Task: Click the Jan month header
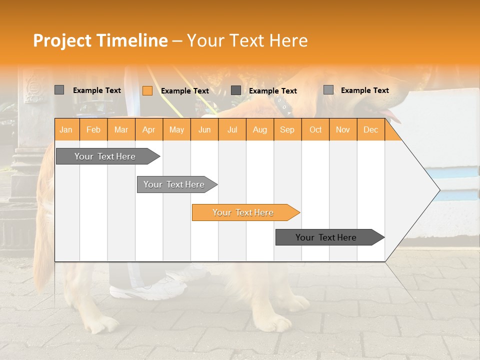(66, 129)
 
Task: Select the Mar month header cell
(121, 129)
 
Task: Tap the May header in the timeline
(176, 129)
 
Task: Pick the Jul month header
(232, 129)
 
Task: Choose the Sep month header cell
(287, 129)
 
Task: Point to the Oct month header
(315, 129)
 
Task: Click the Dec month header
(370, 129)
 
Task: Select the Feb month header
(93, 129)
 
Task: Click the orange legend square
(147, 90)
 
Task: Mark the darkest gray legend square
(236, 90)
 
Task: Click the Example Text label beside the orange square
(185, 91)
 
